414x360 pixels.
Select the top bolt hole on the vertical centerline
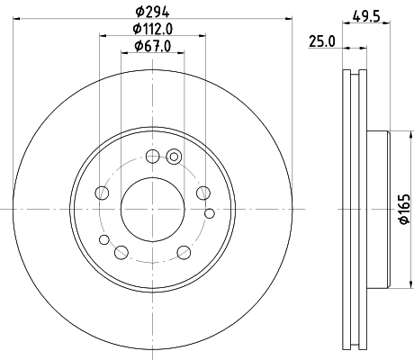coord(152,157)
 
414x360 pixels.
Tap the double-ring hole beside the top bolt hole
coord(175,159)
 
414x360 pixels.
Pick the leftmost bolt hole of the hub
coord(102,193)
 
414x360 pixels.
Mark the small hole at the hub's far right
coord(210,212)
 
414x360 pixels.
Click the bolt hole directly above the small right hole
coord(202,193)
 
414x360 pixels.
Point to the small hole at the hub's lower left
coord(104,239)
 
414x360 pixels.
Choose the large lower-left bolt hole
coord(121,251)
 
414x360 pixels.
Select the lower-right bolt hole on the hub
coord(184,252)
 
